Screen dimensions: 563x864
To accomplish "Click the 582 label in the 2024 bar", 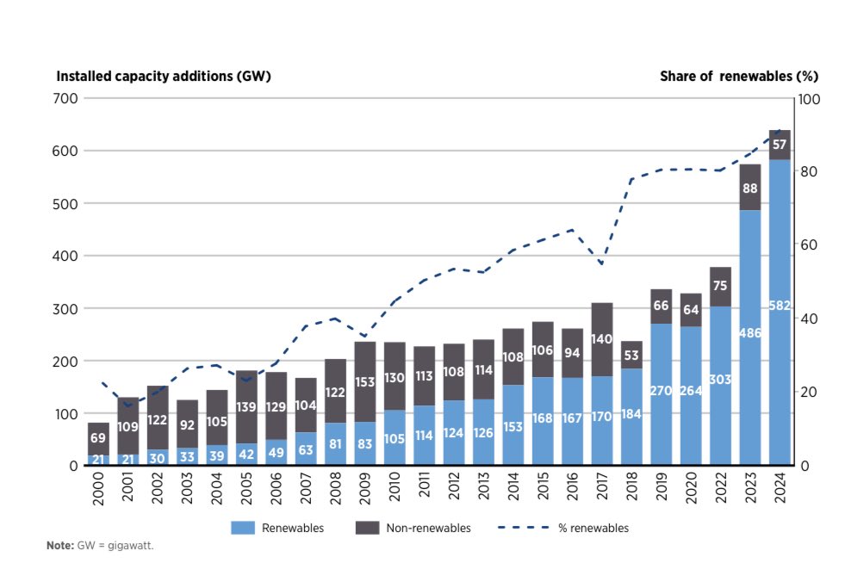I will pyautogui.click(x=780, y=305).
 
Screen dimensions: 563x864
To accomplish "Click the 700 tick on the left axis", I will pyautogui.click(x=68, y=99).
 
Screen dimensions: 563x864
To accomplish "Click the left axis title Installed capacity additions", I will pyautogui.click(x=164, y=76).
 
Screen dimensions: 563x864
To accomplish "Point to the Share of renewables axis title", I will pyautogui.click(x=726, y=76).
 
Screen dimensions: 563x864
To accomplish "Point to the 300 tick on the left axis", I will pyautogui.click(x=68, y=309).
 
